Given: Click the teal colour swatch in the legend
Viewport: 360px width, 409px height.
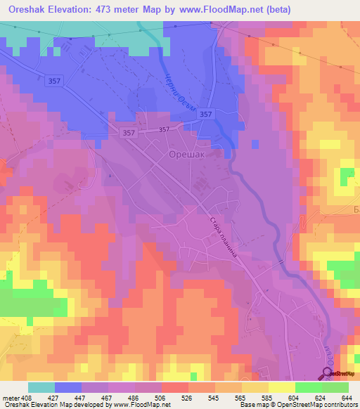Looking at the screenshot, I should (41, 388).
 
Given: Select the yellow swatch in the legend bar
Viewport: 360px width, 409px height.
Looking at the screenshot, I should (281, 388).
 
